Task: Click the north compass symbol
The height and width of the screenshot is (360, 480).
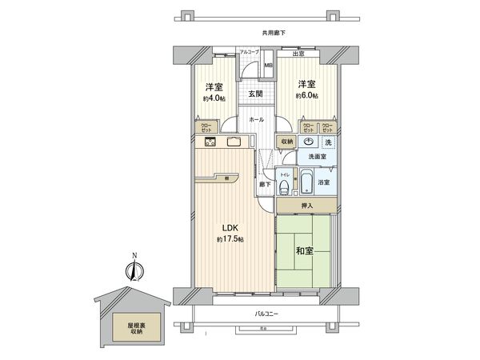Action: tap(134, 270)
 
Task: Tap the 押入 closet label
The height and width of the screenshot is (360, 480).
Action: tap(307, 206)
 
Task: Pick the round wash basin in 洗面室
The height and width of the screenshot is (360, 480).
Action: tap(309, 142)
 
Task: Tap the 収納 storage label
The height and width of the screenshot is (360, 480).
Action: tap(286, 142)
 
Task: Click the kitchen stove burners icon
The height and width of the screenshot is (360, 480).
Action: tap(210, 142)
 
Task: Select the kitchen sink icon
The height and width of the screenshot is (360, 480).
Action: tap(234, 142)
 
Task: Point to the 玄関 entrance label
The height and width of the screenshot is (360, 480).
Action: tap(254, 94)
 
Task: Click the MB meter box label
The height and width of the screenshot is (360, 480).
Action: tap(269, 66)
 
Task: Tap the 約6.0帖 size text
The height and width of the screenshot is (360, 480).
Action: tap(306, 96)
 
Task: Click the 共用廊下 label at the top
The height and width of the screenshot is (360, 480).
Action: tap(274, 32)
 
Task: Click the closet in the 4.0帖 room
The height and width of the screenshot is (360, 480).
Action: tap(205, 127)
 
